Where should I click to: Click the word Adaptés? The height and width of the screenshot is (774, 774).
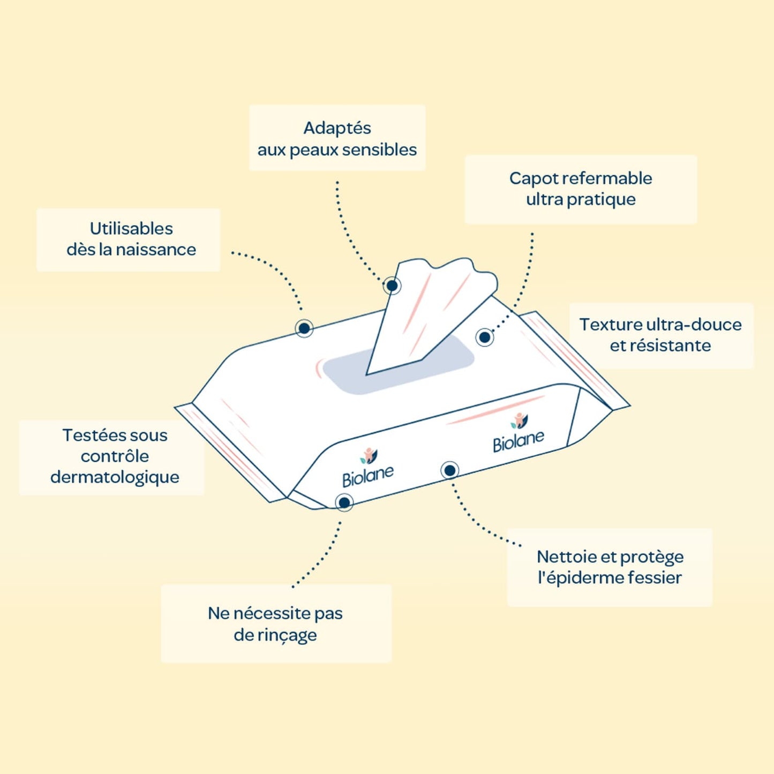337,129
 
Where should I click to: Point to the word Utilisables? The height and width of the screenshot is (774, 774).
131,229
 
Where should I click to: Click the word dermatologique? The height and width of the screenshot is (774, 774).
115,478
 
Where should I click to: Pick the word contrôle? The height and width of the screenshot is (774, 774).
115,456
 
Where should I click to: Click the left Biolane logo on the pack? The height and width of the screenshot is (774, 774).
367,468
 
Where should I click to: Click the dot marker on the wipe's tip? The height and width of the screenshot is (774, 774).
392,285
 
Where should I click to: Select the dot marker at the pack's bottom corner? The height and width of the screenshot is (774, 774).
344,502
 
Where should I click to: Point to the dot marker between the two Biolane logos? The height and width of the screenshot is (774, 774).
450,470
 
